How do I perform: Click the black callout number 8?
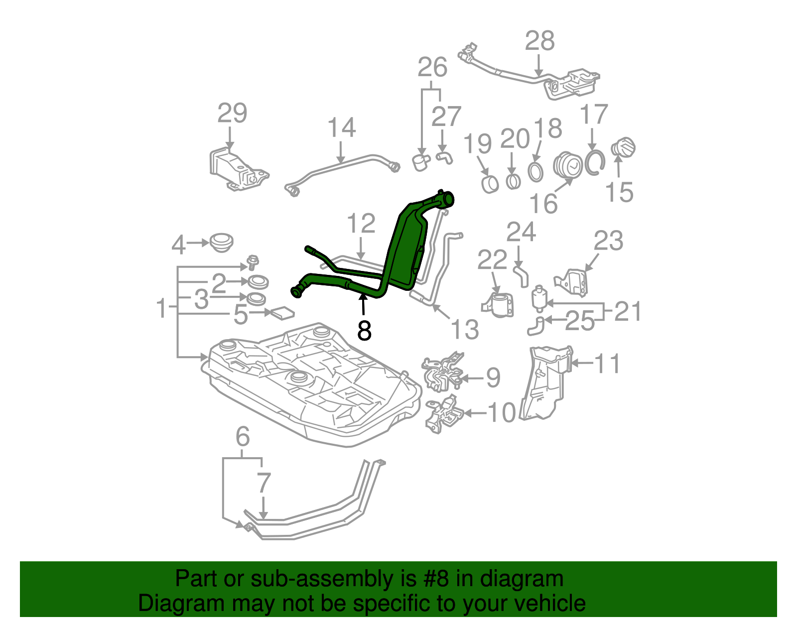(364, 330)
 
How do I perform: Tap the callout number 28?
(539, 41)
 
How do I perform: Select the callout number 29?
(232, 113)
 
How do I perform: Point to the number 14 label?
(342, 127)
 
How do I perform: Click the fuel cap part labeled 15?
(623, 147)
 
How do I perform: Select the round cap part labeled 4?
(221, 242)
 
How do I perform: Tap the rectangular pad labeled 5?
(282, 313)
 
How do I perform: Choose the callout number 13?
(464, 329)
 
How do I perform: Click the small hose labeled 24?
(521, 276)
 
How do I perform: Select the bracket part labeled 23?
(571, 283)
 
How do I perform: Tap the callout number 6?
(243, 437)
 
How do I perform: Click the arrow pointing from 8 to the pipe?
(363, 304)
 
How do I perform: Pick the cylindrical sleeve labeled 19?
(490, 184)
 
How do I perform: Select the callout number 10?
(502, 413)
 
